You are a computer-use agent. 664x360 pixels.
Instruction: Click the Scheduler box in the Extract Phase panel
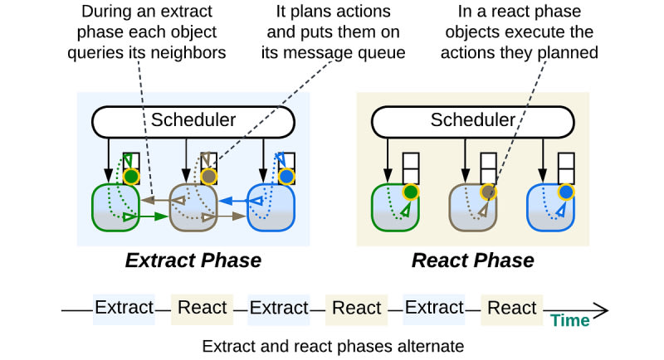click(193, 122)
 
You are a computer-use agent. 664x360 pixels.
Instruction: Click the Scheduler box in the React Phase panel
click(472, 122)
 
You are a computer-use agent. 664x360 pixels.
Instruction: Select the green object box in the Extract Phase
click(115, 207)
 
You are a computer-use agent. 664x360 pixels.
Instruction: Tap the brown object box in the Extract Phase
click(193, 207)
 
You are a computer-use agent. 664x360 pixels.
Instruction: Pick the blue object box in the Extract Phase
click(271, 207)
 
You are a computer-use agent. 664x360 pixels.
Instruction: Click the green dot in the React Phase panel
click(410, 192)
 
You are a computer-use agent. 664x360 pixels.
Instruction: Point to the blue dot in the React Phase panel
click(566, 192)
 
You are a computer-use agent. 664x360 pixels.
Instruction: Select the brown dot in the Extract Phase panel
click(209, 176)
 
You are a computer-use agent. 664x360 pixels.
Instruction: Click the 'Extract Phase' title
click(193, 260)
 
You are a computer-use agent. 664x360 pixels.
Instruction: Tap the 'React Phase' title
click(472, 260)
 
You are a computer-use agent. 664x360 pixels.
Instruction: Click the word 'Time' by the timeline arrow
click(570, 321)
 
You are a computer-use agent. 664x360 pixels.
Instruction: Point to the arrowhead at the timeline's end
click(608, 310)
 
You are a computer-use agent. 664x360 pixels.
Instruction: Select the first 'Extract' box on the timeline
click(124, 309)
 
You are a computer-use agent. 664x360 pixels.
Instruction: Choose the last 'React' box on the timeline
click(511, 309)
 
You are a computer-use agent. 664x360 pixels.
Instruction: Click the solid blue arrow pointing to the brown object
click(233, 201)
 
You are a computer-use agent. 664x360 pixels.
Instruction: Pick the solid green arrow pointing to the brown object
click(154, 216)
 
